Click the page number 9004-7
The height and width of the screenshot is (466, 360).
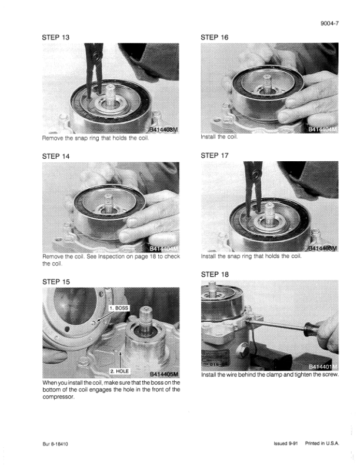pos(329,24)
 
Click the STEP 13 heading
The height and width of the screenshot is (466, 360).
pos(56,38)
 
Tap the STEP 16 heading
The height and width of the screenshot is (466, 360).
pos(215,38)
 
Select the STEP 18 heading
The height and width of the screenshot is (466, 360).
pos(215,274)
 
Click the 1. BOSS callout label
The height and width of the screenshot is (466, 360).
pos(118,308)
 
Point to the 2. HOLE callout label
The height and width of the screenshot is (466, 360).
pos(119,371)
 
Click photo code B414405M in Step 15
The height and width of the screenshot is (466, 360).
pos(164,374)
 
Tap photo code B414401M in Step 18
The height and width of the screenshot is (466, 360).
pos(323,367)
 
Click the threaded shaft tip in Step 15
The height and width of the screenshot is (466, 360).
pos(146,312)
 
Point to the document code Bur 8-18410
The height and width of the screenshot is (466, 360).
pos(55,444)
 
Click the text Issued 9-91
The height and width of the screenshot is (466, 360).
pos(286,444)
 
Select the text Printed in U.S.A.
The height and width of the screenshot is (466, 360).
pos(322,444)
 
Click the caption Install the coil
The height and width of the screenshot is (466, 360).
pos(219,137)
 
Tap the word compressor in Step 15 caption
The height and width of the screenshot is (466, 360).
pos(58,397)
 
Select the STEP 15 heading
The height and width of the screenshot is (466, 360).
pos(56,282)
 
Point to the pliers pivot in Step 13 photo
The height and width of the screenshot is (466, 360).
pos(95,55)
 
